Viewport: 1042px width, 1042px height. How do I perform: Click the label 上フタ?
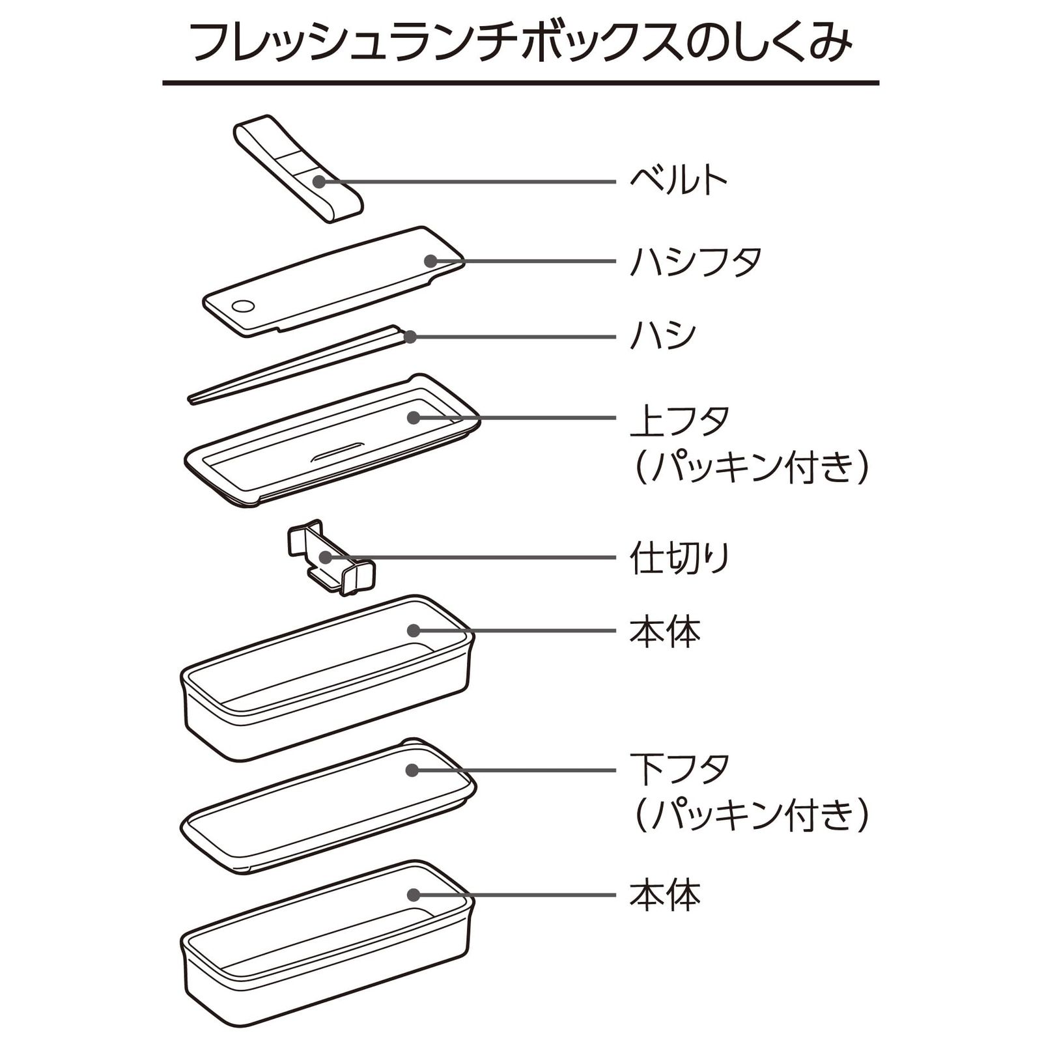(679, 420)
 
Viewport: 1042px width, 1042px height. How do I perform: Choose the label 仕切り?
(679, 558)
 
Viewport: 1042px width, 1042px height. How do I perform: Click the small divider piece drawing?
(331, 559)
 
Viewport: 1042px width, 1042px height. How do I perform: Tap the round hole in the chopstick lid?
(243, 305)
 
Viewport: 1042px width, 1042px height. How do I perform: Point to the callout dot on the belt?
(319, 181)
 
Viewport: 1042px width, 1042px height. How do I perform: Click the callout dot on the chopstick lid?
(430, 261)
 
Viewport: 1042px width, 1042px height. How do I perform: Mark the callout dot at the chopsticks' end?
(410, 337)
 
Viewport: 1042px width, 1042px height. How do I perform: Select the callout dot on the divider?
(325, 557)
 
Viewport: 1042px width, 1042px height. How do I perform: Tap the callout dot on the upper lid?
(414, 417)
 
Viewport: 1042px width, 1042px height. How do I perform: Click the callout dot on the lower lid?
(412, 770)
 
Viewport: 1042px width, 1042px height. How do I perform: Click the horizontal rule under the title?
(521, 83)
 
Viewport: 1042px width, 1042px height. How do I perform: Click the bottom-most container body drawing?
(326, 944)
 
